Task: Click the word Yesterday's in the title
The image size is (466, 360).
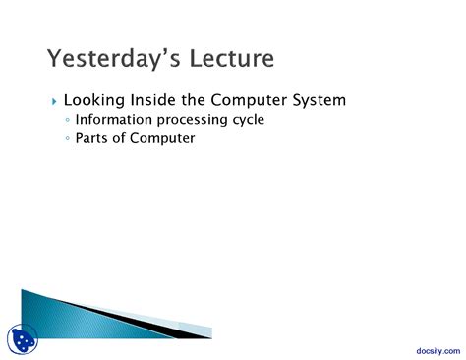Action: [110, 60]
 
